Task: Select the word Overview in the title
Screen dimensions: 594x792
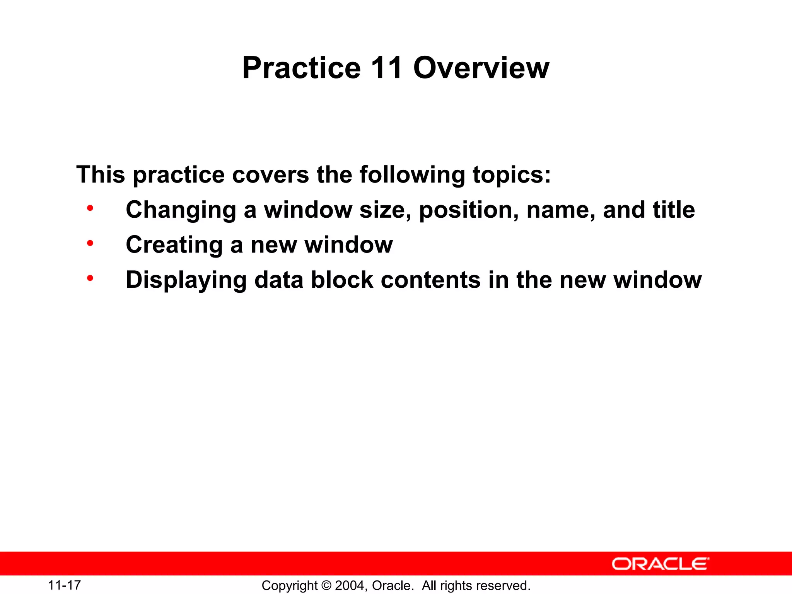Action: click(x=481, y=68)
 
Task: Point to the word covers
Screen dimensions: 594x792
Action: click(x=270, y=175)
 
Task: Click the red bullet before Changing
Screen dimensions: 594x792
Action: click(x=90, y=209)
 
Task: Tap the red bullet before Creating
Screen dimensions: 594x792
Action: click(x=90, y=244)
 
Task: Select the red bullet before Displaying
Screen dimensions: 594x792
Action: click(x=90, y=278)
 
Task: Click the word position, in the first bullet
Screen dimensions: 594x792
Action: click(x=469, y=210)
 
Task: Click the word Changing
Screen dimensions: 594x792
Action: click(x=181, y=210)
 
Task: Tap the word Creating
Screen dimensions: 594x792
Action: click(x=174, y=245)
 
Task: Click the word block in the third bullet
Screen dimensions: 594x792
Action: click(x=342, y=280)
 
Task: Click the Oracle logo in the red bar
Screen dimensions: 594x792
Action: click(x=660, y=564)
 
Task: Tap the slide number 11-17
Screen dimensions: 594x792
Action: click(x=64, y=585)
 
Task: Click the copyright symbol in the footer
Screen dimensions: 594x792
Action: click(x=326, y=585)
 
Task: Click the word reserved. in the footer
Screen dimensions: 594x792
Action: click(x=506, y=585)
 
